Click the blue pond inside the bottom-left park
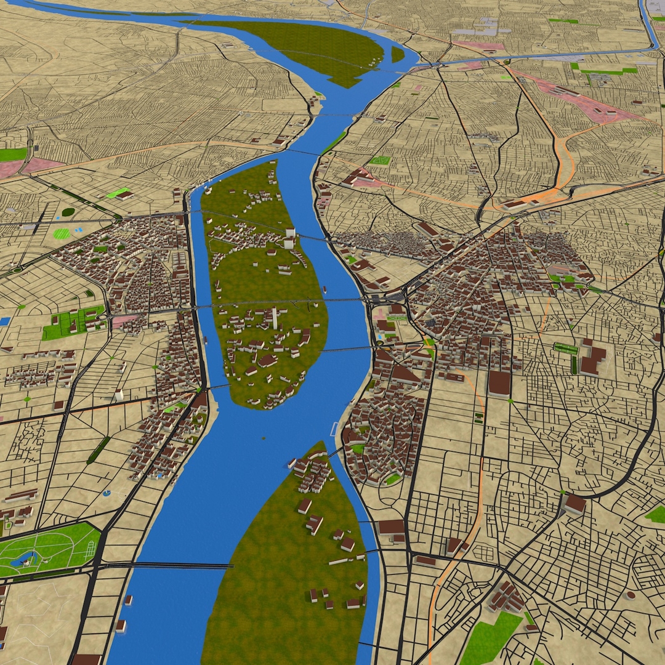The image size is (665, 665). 25,560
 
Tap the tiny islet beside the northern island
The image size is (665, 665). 398,54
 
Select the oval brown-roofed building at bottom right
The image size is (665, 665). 629,595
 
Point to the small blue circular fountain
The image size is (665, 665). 107,493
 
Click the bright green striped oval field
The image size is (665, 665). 62,234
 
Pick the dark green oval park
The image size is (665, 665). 68,212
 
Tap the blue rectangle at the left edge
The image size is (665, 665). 4,321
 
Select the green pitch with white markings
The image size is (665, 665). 380,161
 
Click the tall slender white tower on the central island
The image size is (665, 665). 274,318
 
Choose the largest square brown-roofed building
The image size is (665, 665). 499,383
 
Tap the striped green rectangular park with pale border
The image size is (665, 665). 565,349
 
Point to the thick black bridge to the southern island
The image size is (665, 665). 166,565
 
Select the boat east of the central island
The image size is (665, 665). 324,288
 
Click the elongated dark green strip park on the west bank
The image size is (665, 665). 98,450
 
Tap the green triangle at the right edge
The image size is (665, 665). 656,514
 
